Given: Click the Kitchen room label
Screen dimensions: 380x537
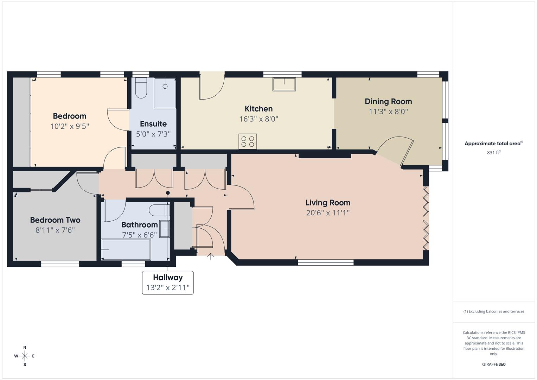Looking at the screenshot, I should point(258,109).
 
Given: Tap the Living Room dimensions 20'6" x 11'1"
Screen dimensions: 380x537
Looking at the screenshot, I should point(328,213).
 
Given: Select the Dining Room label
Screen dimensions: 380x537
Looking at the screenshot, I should point(388,101).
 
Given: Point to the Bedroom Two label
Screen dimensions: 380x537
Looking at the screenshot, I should point(55,220).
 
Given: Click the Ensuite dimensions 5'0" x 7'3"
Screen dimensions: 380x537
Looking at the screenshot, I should point(153,134).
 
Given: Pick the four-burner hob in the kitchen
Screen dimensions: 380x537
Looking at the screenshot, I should point(248,141).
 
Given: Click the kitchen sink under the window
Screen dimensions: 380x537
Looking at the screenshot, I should point(284,84).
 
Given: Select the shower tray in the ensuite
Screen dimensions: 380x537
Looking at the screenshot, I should point(165,93).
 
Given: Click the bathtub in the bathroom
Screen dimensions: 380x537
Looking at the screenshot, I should point(126,249).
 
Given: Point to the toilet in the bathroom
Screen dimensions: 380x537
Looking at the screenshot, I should point(158,210).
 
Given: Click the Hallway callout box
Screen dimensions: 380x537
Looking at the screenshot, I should point(168,283).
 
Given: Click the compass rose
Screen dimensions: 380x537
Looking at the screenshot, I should point(25,356).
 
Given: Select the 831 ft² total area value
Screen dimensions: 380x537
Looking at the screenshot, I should point(494,152).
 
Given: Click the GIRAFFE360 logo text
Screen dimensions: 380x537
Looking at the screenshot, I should point(494,365).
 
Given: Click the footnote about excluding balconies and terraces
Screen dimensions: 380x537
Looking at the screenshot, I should point(494,311).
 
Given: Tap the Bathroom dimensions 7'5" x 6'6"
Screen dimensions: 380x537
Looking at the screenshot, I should point(140,235).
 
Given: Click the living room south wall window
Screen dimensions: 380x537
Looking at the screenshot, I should point(326,262).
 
